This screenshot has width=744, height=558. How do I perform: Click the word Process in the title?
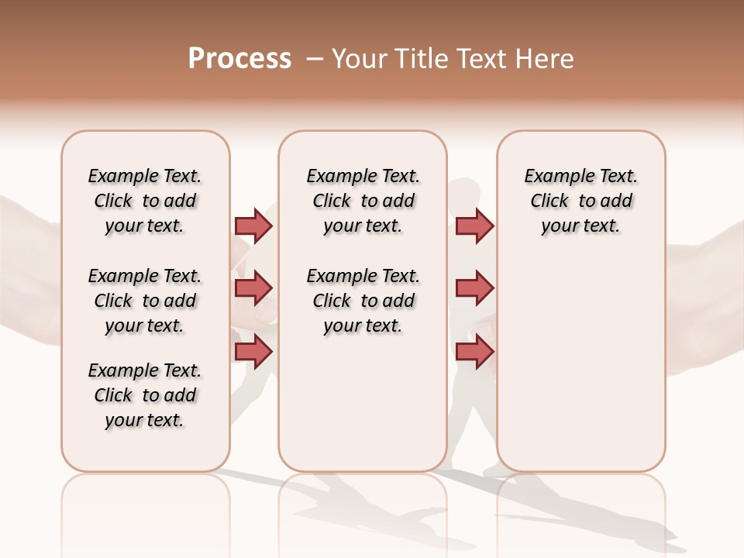[x=239, y=59]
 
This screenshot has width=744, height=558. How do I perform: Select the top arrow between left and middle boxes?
[x=253, y=226]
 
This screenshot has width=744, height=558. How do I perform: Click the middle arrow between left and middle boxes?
[x=253, y=288]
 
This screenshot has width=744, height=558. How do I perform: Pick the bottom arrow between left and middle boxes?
[x=253, y=352]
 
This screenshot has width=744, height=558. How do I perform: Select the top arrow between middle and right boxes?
[x=474, y=226]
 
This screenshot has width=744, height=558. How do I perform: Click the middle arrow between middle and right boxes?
[x=474, y=288]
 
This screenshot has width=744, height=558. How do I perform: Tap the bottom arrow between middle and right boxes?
[x=474, y=352]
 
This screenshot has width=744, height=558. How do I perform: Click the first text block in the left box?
[x=145, y=201]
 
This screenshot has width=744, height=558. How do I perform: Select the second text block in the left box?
[x=145, y=301]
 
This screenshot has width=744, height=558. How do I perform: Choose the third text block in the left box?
[x=145, y=395]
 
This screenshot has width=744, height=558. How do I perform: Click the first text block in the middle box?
[x=363, y=201]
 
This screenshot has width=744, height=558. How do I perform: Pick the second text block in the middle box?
[x=363, y=301]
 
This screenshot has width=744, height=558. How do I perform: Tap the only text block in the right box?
[x=580, y=201]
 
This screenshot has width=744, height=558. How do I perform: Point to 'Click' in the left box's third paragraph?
[x=113, y=395]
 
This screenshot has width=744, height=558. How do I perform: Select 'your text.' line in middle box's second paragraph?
[x=363, y=326]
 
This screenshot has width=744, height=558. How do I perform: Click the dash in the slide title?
[x=315, y=59]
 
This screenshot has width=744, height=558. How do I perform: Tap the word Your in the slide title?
[x=360, y=59]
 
